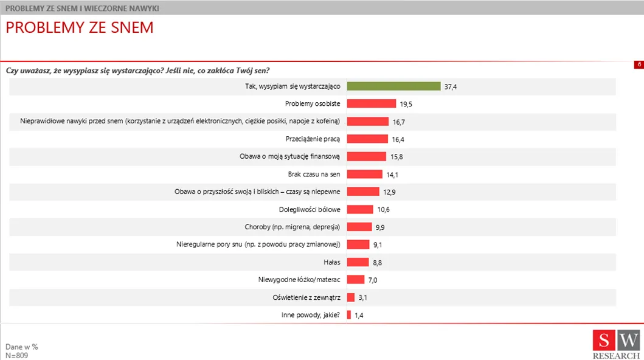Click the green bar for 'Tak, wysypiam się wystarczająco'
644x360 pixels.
pos(393,86)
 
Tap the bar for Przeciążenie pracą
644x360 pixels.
pos(367,139)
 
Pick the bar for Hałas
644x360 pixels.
pos(358,262)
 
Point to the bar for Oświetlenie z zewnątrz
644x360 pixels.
pos(351,297)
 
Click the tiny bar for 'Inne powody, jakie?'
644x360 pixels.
pos(349,315)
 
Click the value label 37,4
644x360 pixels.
pos(451,87)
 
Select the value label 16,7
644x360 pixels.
pos(399,122)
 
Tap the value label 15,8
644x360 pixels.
pos(396,157)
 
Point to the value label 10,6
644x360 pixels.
pos(383,210)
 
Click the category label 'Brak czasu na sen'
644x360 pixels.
pos(314,174)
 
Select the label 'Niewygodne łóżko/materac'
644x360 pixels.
pos(299,280)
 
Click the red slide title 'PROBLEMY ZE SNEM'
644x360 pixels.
pos(80,29)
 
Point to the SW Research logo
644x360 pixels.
pos(616,344)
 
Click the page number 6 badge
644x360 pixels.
pos(639,64)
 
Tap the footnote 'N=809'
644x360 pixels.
pos(17,355)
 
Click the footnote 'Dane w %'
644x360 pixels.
pos(22,347)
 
